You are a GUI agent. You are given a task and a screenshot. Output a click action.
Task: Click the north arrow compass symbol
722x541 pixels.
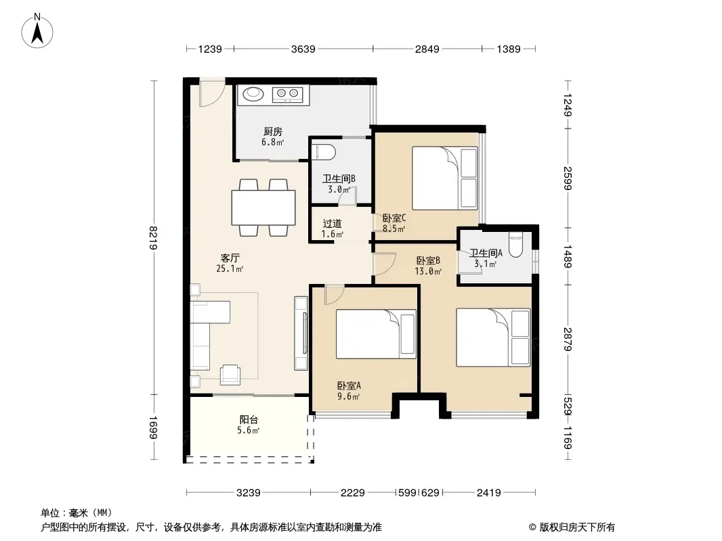point(37,31)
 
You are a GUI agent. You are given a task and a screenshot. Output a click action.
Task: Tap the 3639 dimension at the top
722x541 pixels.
point(303,49)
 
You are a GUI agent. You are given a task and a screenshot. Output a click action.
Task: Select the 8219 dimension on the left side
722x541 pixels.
point(153,237)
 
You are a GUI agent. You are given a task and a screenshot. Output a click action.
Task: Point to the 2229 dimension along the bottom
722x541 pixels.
point(353,493)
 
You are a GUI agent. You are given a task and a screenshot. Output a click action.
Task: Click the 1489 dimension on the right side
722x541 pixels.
point(568,256)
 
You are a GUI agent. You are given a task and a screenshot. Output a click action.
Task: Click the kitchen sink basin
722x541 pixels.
point(253,94)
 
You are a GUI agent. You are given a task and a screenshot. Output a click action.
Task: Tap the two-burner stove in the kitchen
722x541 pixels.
point(287,95)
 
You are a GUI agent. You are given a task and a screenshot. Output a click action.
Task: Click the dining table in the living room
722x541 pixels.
point(263,208)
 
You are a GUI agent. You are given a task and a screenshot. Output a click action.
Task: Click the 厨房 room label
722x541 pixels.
point(272,131)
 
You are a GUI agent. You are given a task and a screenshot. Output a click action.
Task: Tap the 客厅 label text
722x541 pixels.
point(230,258)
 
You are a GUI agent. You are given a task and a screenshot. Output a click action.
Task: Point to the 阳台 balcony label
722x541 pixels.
point(249,420)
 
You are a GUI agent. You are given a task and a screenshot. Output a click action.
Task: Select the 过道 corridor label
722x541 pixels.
point(332,224)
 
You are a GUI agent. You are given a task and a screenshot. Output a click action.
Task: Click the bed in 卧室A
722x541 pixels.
point(376,334)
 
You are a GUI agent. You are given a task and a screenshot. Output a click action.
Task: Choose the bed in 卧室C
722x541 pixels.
point(444,179)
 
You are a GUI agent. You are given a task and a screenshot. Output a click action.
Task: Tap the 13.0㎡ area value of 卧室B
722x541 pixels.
point(428,271)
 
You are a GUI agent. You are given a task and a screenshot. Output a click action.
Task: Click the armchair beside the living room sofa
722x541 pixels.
point(230,374)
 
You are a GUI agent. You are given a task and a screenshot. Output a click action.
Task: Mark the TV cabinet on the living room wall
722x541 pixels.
point(301,333)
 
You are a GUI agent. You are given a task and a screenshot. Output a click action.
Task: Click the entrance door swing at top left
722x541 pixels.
point(213,94)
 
